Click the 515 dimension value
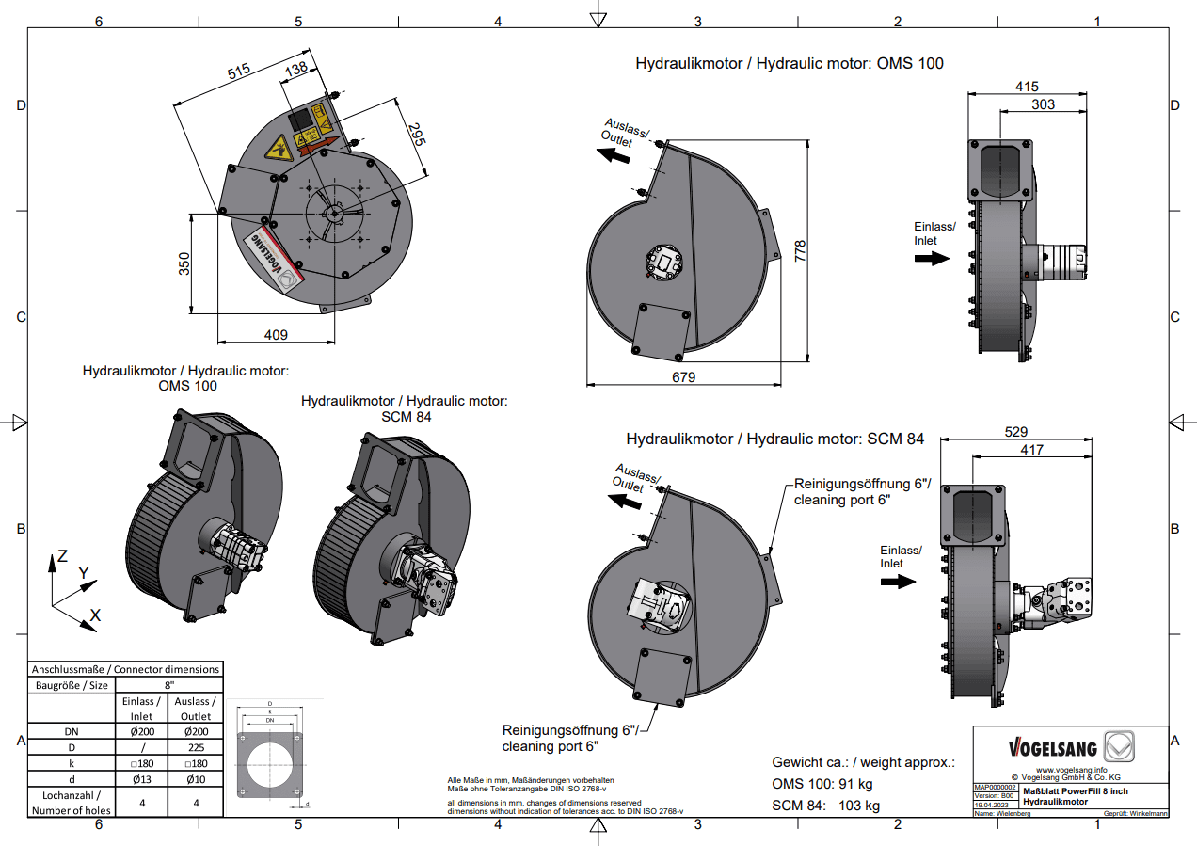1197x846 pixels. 239,72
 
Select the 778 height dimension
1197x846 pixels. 799,250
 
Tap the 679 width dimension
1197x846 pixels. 683,377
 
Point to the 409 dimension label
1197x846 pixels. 276,334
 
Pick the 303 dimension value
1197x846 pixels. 1042,105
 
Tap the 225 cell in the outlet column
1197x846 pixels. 196,746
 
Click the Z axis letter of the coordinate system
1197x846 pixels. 62,556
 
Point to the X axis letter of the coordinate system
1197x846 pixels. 94,615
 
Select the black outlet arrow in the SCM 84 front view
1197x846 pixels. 623,503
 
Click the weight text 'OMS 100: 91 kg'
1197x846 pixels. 822,784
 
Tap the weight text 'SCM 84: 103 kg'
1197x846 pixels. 825,806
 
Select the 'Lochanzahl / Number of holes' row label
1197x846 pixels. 71,802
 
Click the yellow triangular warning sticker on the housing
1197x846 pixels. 279,149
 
